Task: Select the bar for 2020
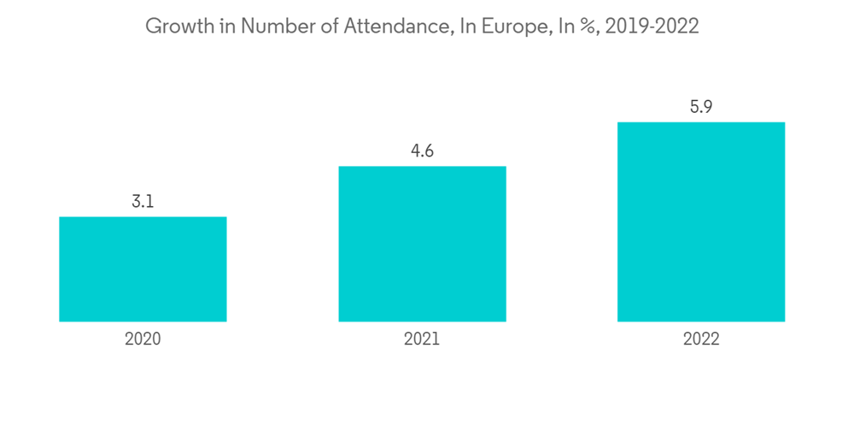pyautogui.click(x=143, y=269)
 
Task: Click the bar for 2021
pyautogui.click(x=422, y=244)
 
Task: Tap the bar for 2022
pyautogui.click(x=701, y=221)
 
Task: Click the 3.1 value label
pyautogui.click(x=143, y=203)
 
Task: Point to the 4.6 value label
pyautogui.click(x=422, y=151)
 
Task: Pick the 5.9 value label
pyautogui.click(x=701, y=108)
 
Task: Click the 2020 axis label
pyautogui.click(x=143, y=339)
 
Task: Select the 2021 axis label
pyautogui.click(x=422, y=339)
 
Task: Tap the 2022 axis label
pyautogui.click(x=701, y=339)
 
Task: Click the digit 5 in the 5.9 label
pyautogui.click(x=694, y=108)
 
